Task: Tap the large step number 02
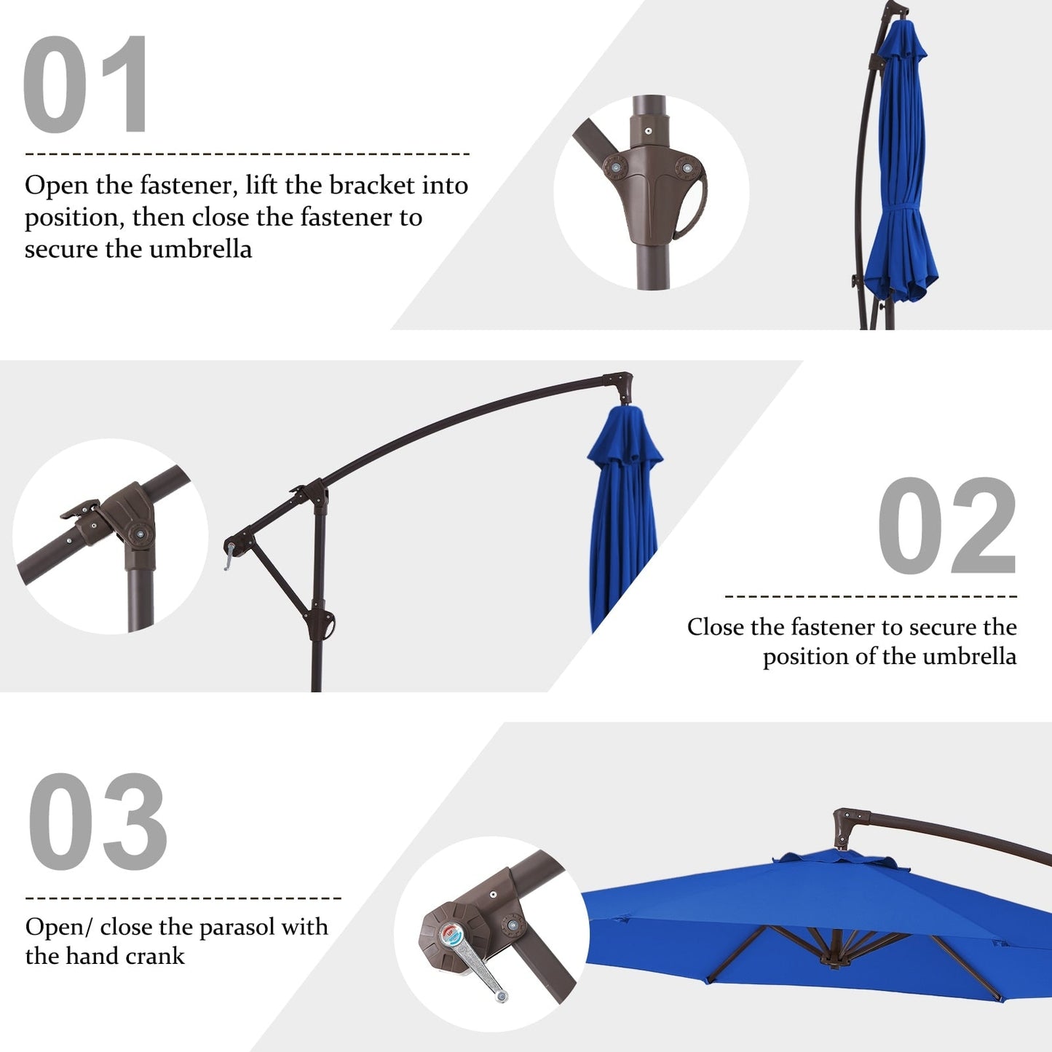(x=946, y=526)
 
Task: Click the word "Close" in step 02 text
(x=715, y=627)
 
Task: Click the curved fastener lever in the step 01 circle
(x=692, y=207)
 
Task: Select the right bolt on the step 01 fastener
(x=684, y=168)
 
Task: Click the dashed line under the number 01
(x=248, y=154)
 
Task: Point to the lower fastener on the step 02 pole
(x=325, y=625)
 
